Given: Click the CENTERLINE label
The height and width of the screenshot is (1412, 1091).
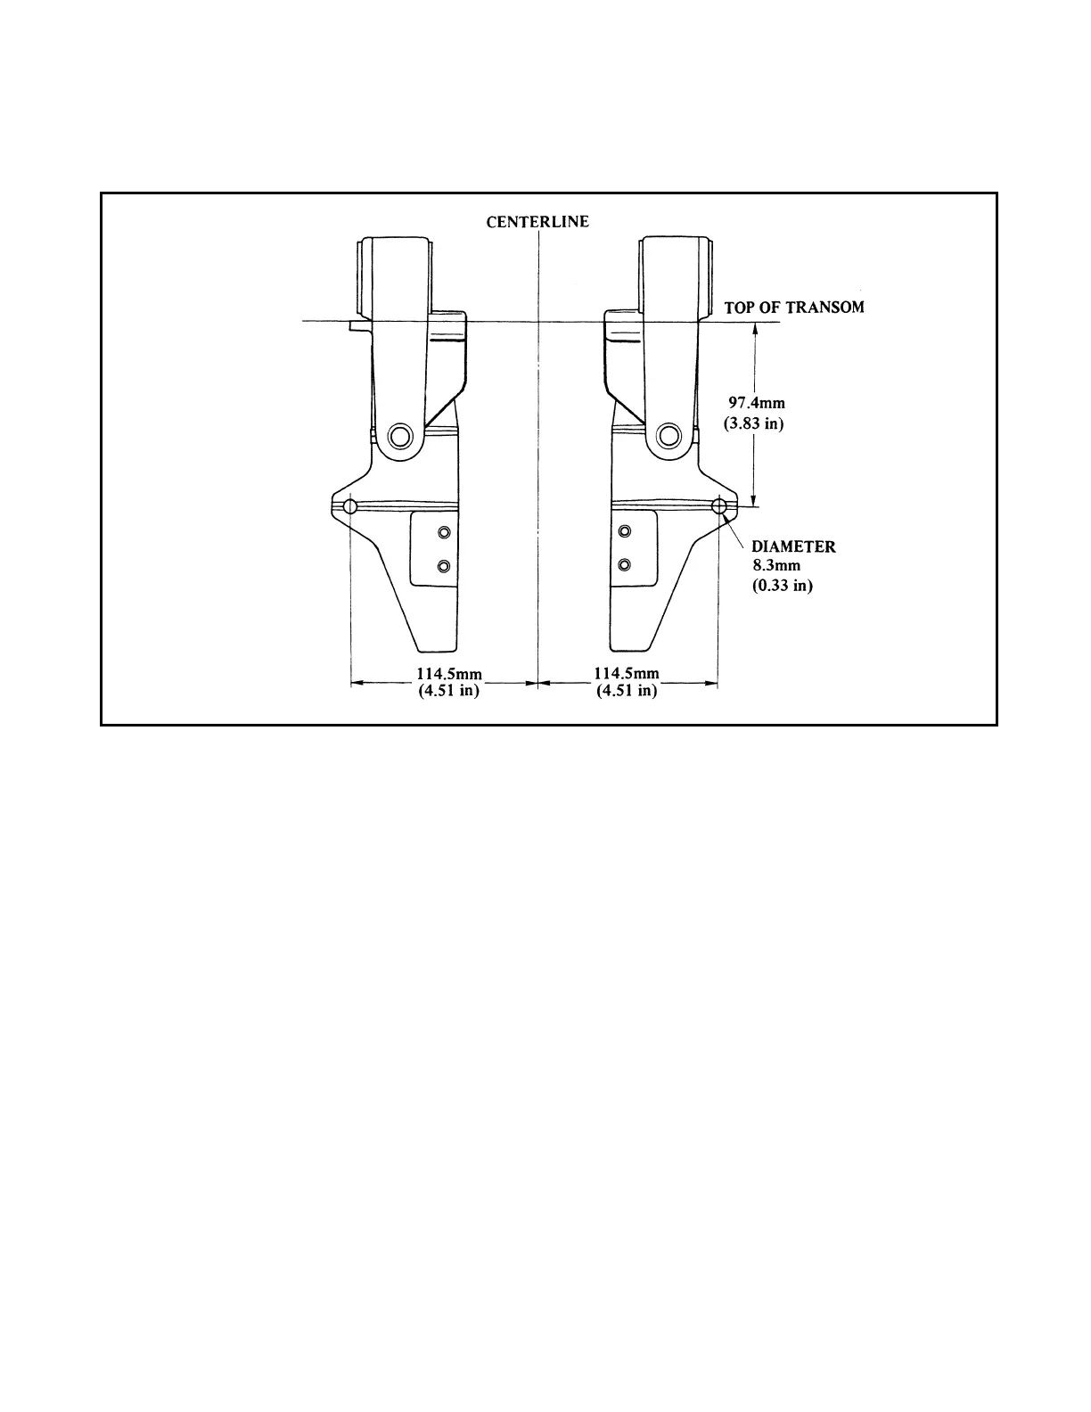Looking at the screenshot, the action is click(537, 221).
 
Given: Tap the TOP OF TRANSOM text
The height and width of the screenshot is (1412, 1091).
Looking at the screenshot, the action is click(793, 308).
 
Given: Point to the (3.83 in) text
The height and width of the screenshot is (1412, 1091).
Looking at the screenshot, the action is click(754, 423).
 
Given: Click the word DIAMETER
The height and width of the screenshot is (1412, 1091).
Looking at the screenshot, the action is click(793, 546).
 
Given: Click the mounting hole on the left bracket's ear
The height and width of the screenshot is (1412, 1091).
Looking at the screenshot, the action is click(349, 506).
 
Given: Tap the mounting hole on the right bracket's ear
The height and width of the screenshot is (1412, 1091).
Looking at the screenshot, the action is click(719, 506).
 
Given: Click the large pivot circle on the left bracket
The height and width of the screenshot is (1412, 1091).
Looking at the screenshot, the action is click(400, 436).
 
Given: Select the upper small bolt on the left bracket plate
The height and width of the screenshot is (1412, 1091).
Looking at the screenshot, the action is click(443, 532).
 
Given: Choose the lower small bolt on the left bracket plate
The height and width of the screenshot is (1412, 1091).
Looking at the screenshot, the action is click(443, 565).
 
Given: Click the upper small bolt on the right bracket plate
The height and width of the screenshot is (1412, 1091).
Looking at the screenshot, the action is click(624, 532).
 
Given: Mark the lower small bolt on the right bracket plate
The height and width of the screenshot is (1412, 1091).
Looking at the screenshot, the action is click(624, 565).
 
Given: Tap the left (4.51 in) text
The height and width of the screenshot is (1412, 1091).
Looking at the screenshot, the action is click(449, 691).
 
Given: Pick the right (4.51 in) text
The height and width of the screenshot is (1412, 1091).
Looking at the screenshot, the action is click(627, 691).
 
